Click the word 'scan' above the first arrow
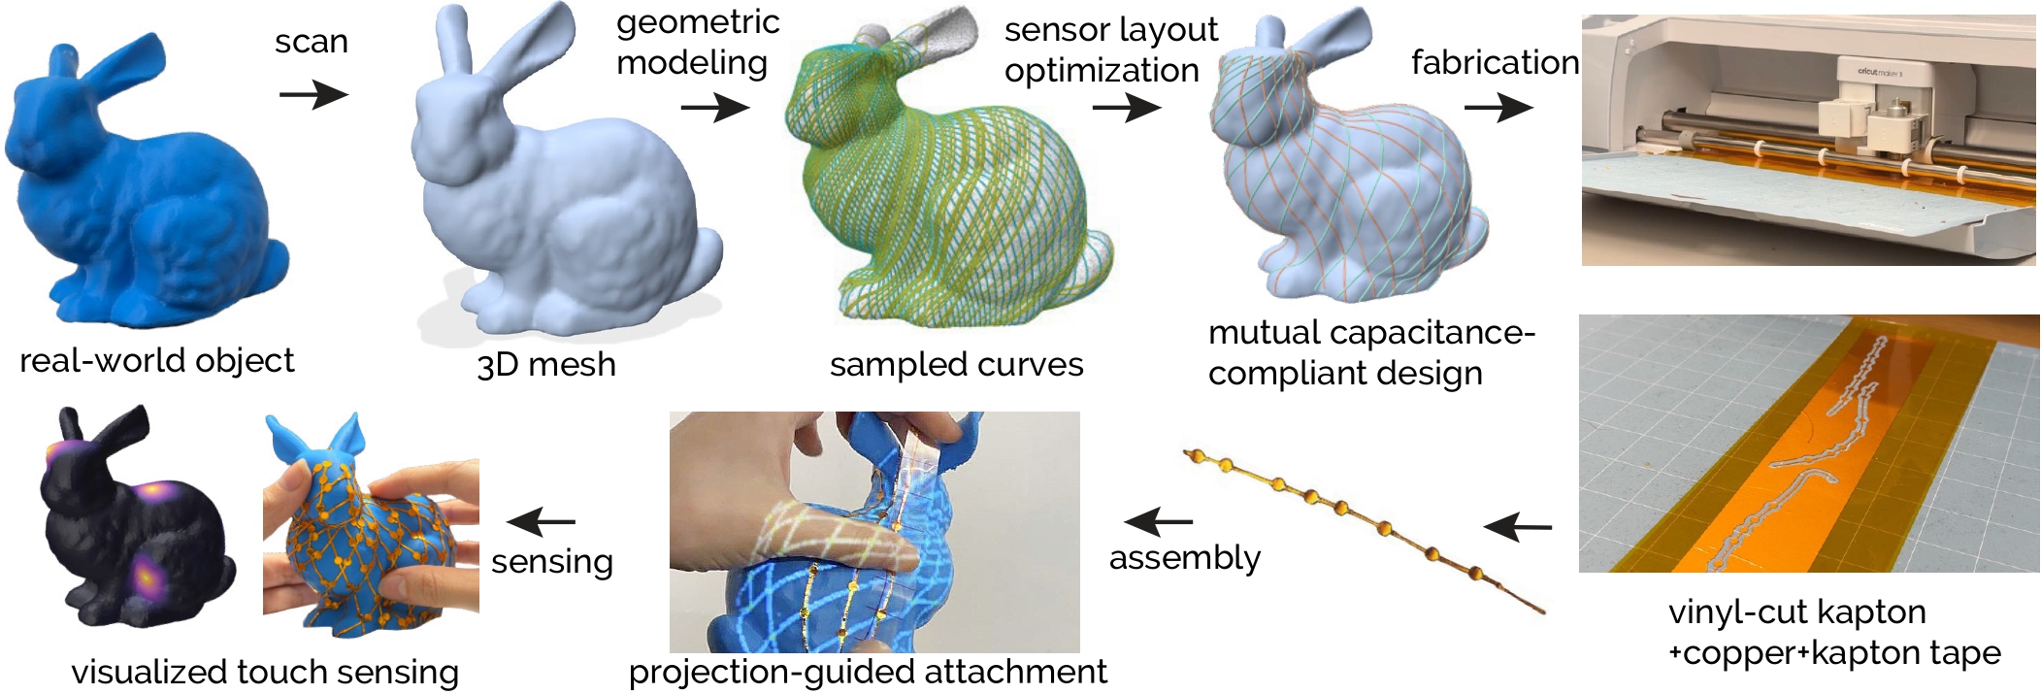(x=312, y=42)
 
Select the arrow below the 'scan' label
(x=313, y=94)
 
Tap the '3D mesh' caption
(x=546, y=365)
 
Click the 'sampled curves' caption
(x=956, y=365)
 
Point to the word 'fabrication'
(x=1495, y=62)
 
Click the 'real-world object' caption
(x=156, y=361)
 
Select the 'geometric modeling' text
(x=698, y=43)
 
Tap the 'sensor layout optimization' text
(x=1110, y=50)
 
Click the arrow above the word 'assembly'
(x=1159, y=522)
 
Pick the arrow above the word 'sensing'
(x=542, y=522)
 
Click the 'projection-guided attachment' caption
(x=868, y=672)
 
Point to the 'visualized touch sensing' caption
(x=265, y=672)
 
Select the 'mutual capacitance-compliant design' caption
(x=1371, y=352)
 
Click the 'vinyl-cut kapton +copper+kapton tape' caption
(x=1834, y=632)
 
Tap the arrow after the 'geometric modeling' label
(x=715, y=106)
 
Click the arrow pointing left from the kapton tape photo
(x=1518, y=527)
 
